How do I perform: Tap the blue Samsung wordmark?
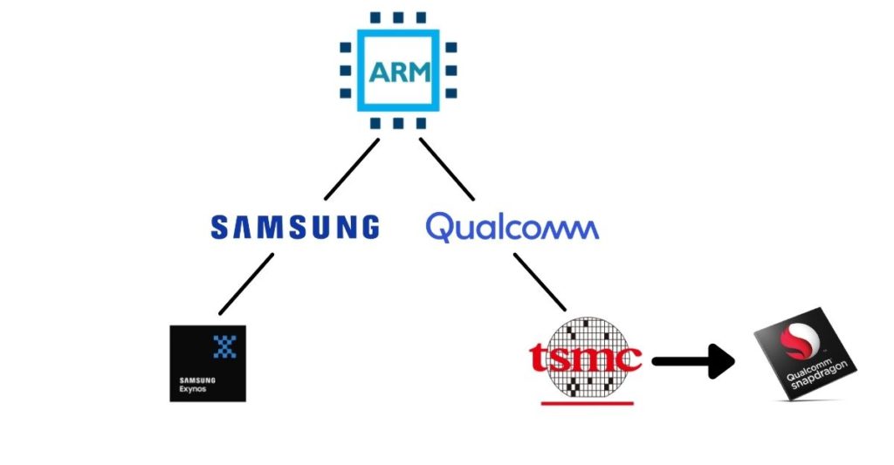point(295,227)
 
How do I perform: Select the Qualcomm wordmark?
point(512,228)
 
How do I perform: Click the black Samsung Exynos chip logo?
point(208,363)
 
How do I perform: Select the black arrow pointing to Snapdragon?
point(694,360)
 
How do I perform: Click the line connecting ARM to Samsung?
point(351,169)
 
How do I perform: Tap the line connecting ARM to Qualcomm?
point(446,169)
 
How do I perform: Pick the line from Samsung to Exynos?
point(246,284)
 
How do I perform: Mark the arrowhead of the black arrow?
point(721,360)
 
